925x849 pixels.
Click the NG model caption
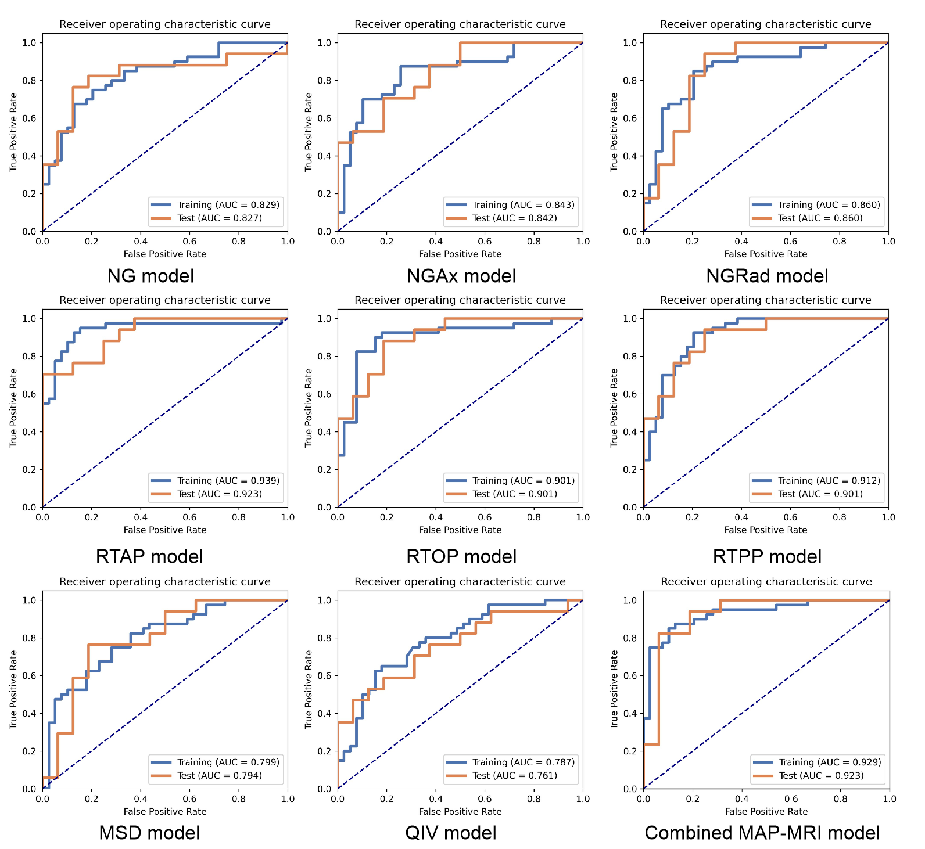point(150,276)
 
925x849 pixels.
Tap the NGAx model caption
point(461,276)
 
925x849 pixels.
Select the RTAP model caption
point(149,556)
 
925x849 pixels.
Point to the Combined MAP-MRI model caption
point(762,833)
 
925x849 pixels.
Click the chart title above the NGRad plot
point(766,24)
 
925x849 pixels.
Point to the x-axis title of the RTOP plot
point(460,530)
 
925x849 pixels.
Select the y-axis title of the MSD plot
point(13,690)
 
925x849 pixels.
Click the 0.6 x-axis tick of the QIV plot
point(485,799)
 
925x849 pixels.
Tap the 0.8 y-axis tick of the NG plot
point(29,81)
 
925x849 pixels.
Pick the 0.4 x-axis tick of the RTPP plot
point(741,517)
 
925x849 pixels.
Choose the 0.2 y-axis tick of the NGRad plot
point(630,194)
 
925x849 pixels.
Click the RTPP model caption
point(767,556)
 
